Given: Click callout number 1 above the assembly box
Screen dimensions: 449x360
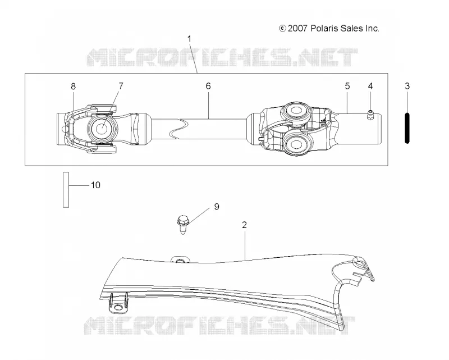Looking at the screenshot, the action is pyautogui.click(x=189, y=39).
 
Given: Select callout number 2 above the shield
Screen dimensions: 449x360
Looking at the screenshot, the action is pyautogui.click(x=244, y=225).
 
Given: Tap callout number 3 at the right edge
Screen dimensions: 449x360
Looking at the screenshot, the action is pyautogui.click(x=407, y=86).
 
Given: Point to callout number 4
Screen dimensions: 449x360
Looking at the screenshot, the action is pyautogui.click(x=370, y=86).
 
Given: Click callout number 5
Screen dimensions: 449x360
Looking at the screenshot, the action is pyautogui.click(x=347, y=86).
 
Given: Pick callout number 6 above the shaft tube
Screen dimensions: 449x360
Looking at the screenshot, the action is pyautogui.click(x=208, y=86).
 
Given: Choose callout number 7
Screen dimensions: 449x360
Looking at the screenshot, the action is pyautogui.click(x=121, y=86).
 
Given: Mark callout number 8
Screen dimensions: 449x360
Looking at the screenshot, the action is pyautogui.click(x=74, y=86).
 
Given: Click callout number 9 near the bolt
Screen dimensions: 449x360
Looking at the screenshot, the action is pyautogui.click(x=217, y=207).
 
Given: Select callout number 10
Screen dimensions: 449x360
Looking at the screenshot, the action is pyautogui.click(x=95, y=185).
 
